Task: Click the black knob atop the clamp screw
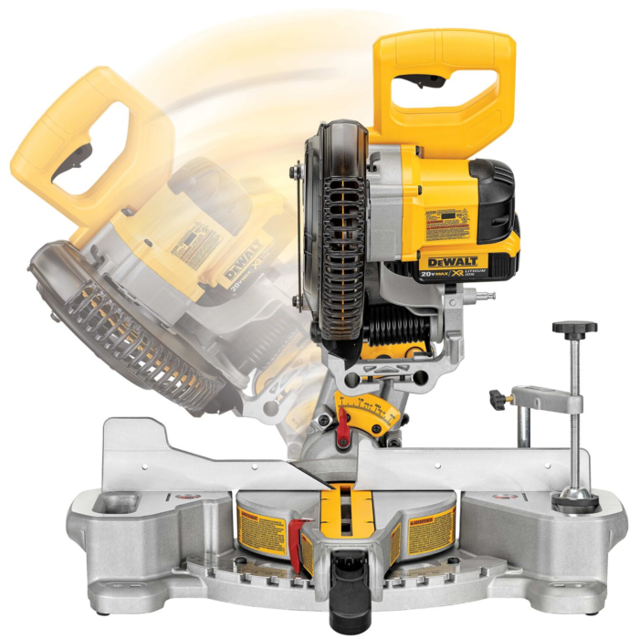[574, 328]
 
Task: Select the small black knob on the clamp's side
[498, 398]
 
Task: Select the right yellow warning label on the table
[430, 529]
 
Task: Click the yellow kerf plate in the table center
[345, 511]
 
